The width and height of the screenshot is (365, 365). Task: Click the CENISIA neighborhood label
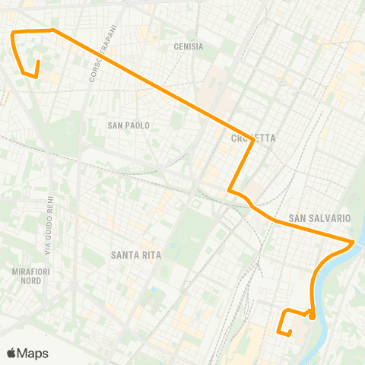[x=189, y=46]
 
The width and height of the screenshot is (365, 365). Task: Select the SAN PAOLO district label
[x=129, y=125]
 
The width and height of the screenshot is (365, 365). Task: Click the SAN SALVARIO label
[x=319, y=218]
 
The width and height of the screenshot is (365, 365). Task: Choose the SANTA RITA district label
[x=135, y=255]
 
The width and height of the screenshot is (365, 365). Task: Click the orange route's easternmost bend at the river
[x=354, y=243]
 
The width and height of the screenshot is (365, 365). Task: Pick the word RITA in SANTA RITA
[x=150, y=255]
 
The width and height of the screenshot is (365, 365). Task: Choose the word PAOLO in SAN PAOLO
[x=137, y=125]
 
